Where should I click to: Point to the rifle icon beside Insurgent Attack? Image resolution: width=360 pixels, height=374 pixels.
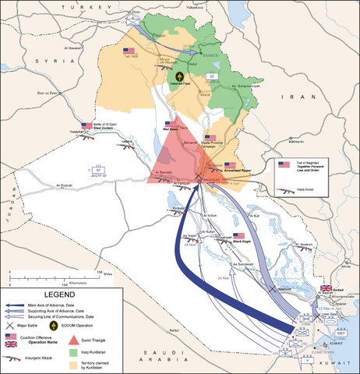coord(12,358)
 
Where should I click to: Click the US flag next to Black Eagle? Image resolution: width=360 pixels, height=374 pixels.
coord(238,235)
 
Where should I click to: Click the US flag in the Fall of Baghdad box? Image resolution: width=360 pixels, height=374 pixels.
coord(284,164)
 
